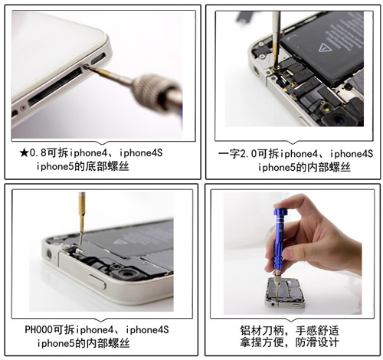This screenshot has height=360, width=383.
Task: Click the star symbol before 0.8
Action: coord(25,153)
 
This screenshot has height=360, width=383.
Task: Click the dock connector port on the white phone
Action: coord(56,87)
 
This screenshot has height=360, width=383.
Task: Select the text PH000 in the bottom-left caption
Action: coord(38,329)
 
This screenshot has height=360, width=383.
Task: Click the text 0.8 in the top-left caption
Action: coord(38,153)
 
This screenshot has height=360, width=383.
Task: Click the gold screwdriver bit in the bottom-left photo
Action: coord(81,214)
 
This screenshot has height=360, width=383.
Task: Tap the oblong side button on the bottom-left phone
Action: coord(97,281)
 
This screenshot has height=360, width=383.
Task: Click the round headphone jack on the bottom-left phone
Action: coord(48,254)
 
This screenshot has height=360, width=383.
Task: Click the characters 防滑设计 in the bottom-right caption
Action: coord(317,342)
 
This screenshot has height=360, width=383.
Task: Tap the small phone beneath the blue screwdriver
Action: coord(285,293)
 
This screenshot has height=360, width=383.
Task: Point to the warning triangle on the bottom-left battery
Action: coord(121,241)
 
